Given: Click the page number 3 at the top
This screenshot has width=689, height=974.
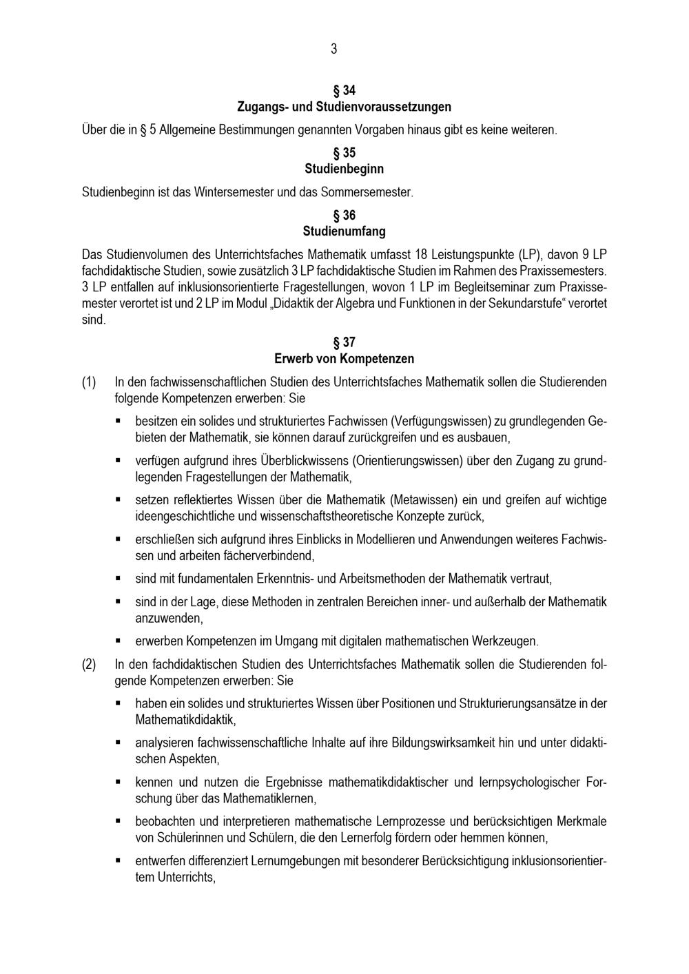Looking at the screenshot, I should [x=334, y=48].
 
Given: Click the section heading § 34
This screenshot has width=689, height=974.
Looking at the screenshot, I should [x=344, y=91].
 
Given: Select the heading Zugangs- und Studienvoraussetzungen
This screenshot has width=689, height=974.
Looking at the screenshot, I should [x=344, y=107].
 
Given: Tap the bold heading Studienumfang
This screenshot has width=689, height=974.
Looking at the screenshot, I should [x=344, y=231].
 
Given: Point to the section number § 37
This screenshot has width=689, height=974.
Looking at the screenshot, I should [x=344, y=342].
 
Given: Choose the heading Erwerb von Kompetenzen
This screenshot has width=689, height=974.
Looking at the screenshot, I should [x=344, y=359].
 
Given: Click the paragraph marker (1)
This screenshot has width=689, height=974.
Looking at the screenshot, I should [x=89, y=382].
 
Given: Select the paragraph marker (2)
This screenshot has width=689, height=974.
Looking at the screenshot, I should [x=89, y=665].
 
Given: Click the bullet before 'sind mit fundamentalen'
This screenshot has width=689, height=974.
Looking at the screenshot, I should [x=119, y=578].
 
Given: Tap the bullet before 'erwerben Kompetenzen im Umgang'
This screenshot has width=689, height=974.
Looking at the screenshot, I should [x=119, y=641].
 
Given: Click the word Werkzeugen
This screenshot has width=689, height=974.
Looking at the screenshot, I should [x=504, y=641].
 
